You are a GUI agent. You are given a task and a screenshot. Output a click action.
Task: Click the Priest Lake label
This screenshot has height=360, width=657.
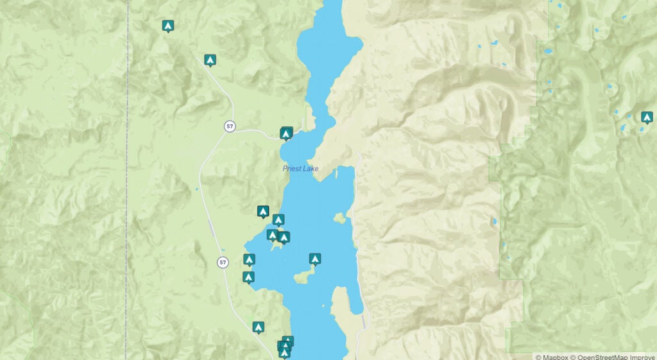300,169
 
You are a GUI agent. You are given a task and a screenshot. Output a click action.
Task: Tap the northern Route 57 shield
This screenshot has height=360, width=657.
229,126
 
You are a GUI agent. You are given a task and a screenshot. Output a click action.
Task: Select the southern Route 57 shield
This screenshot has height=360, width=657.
223,262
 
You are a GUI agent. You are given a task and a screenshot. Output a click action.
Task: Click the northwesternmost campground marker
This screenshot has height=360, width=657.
167,26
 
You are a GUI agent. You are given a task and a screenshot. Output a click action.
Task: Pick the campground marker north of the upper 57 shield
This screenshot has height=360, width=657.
209,60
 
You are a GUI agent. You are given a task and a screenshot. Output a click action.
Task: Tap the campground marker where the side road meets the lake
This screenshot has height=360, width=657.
286,133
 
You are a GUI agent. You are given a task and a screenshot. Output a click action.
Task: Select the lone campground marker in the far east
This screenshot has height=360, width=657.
647,117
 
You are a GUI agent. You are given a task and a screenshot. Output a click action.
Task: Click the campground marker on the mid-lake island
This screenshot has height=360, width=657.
314,259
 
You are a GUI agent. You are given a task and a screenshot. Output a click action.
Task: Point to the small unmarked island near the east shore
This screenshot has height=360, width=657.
339,218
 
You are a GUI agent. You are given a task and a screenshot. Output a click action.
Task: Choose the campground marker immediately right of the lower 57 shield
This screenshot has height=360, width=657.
249,260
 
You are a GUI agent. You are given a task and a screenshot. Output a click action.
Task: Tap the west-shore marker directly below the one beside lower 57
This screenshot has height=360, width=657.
248,277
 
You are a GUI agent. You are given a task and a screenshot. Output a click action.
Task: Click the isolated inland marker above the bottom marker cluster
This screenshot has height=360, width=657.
258,327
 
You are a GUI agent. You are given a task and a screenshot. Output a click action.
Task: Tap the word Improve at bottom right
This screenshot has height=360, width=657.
644,357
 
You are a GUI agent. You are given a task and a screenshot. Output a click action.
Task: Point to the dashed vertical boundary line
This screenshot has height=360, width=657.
127,193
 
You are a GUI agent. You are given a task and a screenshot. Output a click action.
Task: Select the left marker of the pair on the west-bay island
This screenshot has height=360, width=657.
273,236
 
